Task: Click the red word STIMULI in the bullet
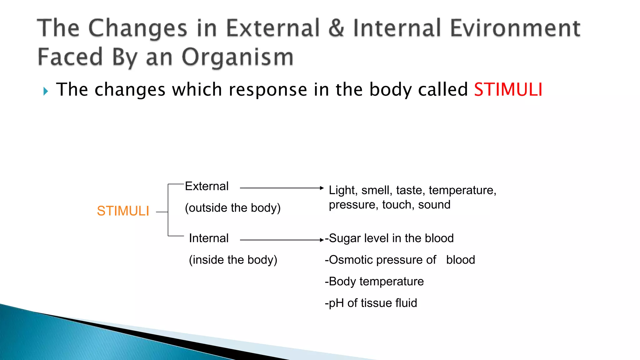[x=508, y=90]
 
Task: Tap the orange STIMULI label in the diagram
[x=123, y=211]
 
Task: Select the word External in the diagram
[x=207, y=186]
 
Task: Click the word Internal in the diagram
[x=209, y=238]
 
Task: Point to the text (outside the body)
[x=232, y=208]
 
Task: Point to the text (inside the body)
[x=233, y=260]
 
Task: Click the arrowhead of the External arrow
[x=322, y=188]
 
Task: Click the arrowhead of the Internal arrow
[x=322, y=240]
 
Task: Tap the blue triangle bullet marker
[x=46, y=92]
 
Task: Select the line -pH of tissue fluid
[x=371, y=303]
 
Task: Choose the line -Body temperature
[x=374, y=282]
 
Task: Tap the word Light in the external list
[x=342, y=190]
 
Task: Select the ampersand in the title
[x=336, y=28]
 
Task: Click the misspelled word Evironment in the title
[x=515, y=28]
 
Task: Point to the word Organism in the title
[x=237, y=57]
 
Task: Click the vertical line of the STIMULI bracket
[x=168, y=210]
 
